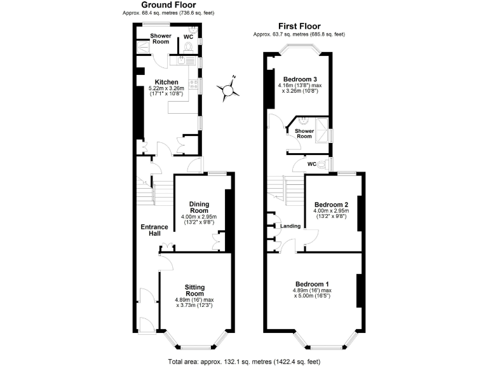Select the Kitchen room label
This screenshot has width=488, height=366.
tap(166, 81)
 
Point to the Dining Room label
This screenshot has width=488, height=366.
tap(199, 207)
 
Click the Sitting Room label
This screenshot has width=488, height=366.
tap(194, 290)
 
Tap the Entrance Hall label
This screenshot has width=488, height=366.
tap(154, 230)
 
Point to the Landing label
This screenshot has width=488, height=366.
tap(290, 226)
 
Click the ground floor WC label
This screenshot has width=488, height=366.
tap(188, 37)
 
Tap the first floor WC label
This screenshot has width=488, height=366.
tap(312, 164)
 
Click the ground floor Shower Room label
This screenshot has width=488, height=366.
tap(160, 39)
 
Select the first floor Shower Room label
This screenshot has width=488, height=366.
tap(304, 133)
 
